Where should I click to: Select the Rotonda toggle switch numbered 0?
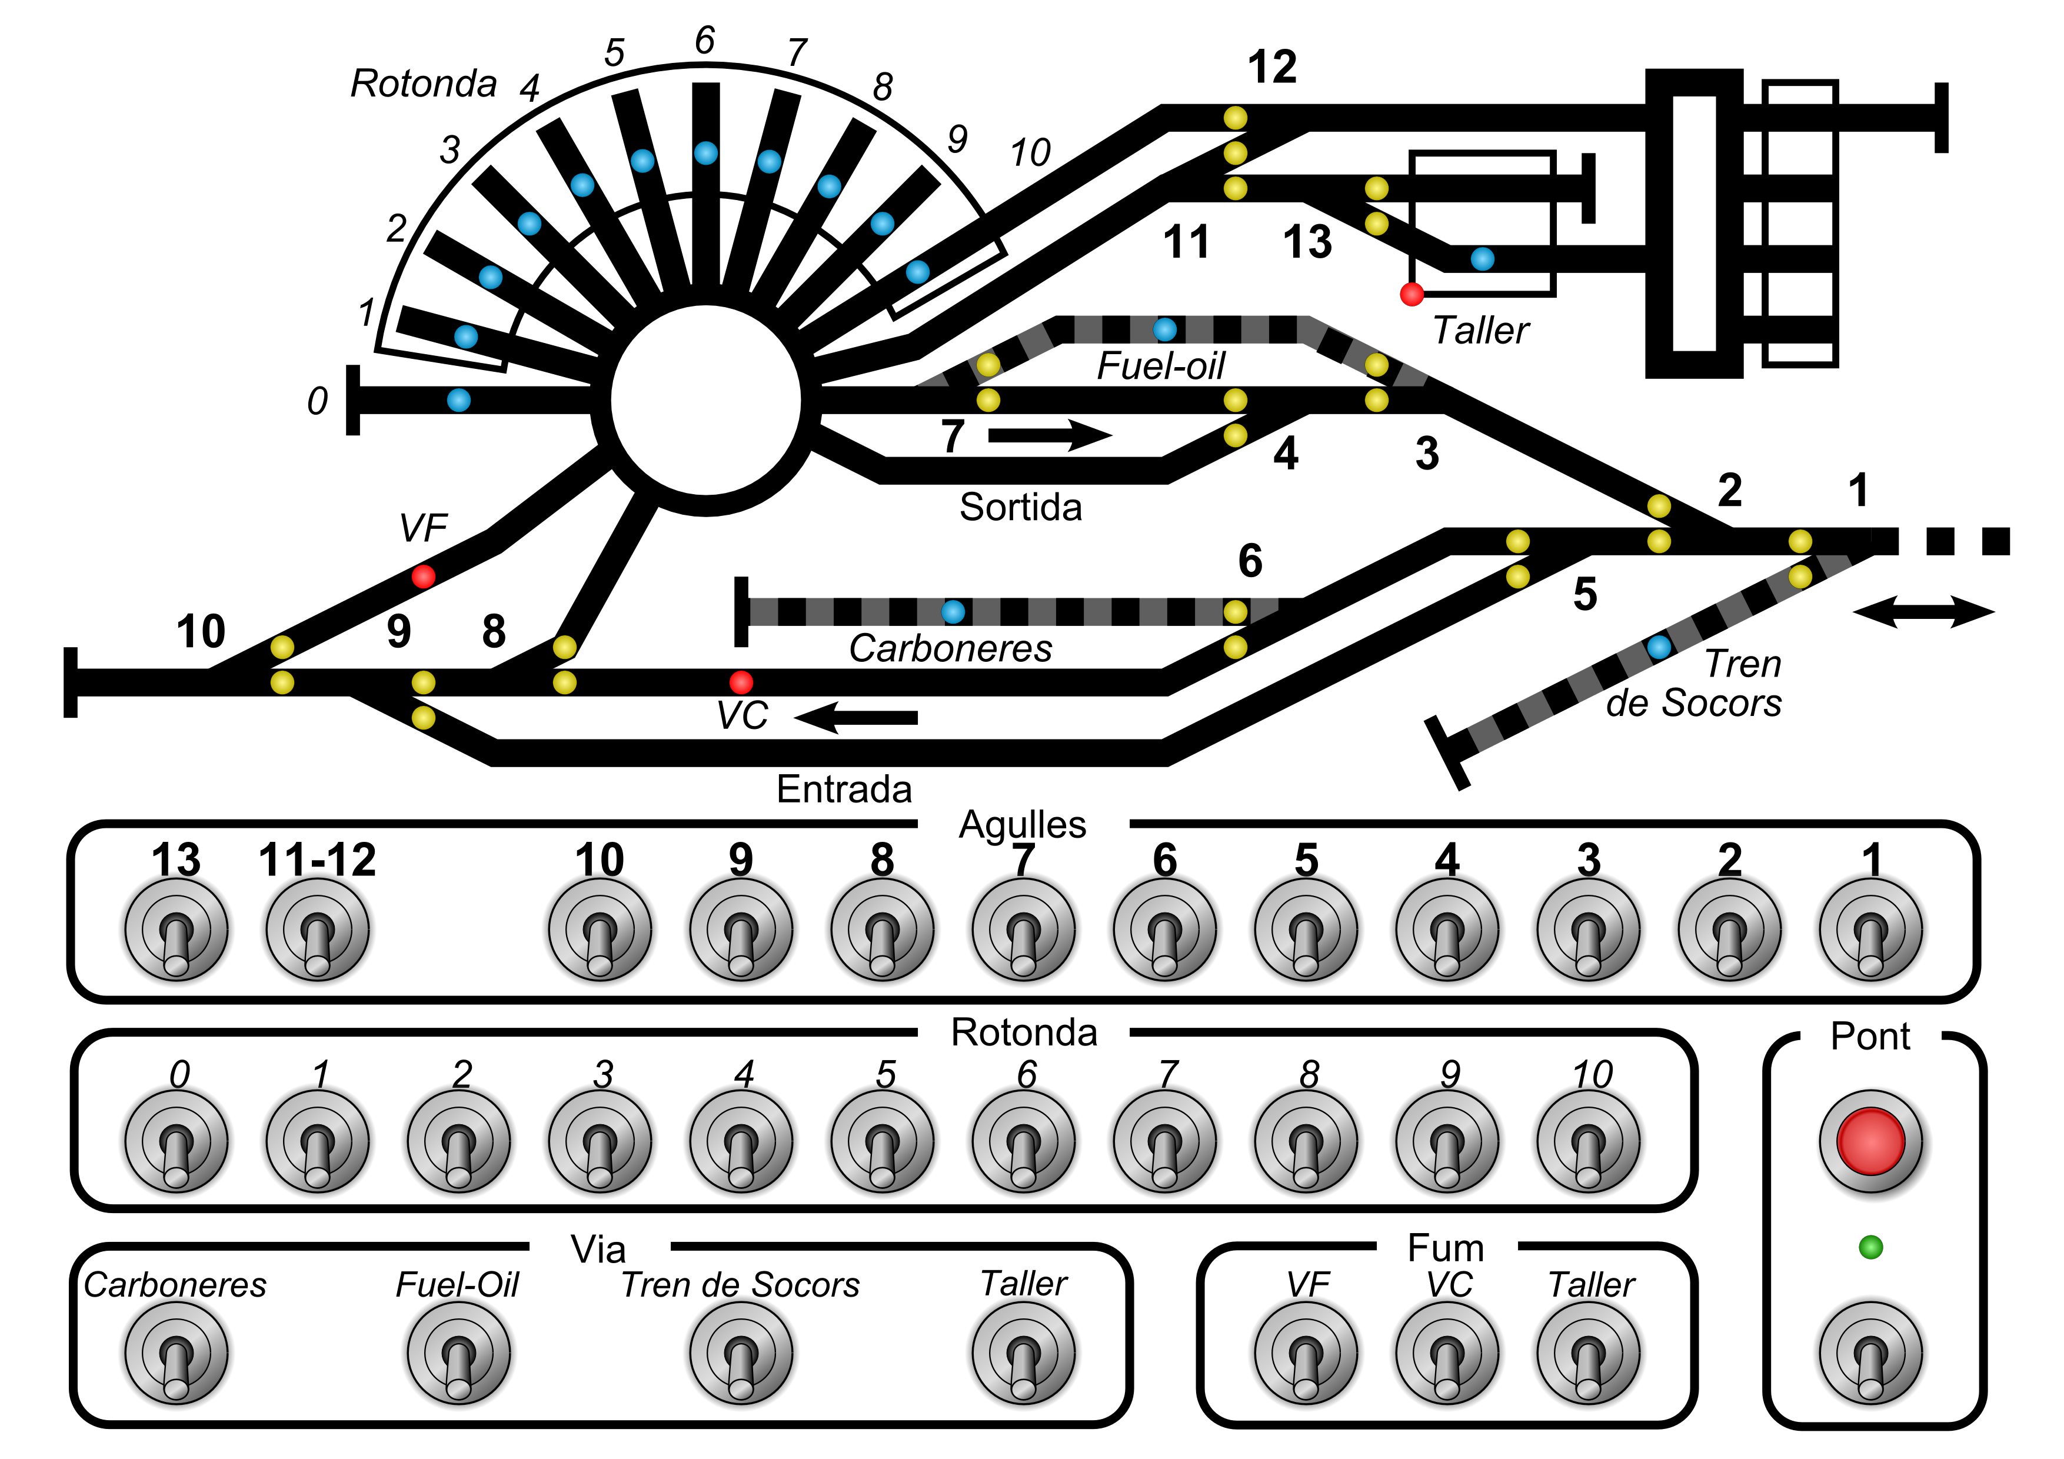click(x=176, y=1142)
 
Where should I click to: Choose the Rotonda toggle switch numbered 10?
click(x=1589, y=1142)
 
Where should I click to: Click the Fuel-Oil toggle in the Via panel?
click(x=458, y=1354)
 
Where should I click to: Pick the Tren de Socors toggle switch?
click(x=741, y=1354)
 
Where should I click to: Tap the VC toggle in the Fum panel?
click(x=1447, y=1354)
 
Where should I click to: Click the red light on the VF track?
click(x=424, y=576)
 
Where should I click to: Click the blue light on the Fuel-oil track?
click(x=1165, y=329)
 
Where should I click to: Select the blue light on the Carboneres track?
click(x=953, y=612)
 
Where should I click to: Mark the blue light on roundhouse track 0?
click(x=458, y=400)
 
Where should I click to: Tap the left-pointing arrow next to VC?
click(x=856, y=717)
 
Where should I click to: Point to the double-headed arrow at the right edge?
click(x=1924, y=612)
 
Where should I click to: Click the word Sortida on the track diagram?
click(x=1020, y=507)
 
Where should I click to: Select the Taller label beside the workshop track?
click(x=1480, y=330)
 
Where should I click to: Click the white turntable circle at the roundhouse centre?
click(x=705, y=400)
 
